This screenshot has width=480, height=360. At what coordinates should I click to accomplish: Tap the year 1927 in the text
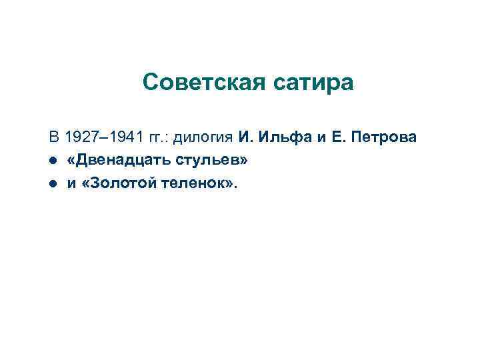[80, 138]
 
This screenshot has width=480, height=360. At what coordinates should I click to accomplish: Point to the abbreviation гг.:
[159, 138]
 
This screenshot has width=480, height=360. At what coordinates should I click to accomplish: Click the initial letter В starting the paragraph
[53, 138]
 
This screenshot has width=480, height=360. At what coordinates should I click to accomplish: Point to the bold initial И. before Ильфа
[243, 138]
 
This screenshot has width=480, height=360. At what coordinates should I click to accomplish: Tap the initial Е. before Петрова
[338, 138]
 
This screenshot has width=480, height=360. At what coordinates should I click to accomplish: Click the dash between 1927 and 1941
[104, 138]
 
